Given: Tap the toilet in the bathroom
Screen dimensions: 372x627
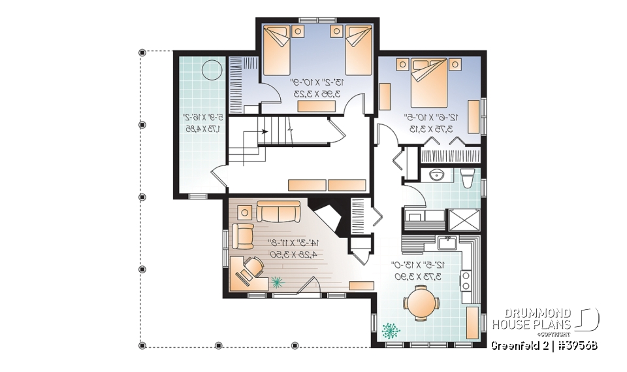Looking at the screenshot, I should point(466,178).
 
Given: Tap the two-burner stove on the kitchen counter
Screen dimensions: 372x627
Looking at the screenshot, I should point(467,280).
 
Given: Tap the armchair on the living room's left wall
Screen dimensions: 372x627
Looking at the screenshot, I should point(243,236).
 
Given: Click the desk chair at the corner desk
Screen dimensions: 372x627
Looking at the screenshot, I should point(251,268).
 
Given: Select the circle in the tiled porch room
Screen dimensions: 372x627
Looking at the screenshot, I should point(212,69).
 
